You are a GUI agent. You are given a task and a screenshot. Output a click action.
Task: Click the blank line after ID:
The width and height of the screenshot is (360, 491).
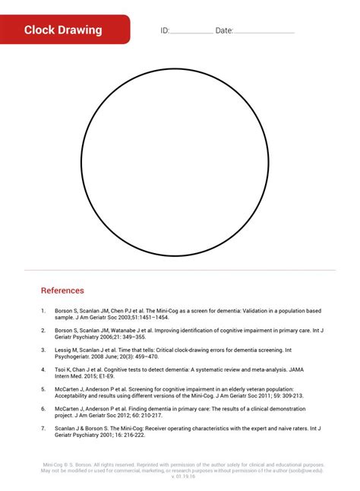[x=191, y=32]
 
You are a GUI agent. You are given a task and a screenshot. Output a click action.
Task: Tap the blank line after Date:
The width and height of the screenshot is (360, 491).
[x=264, y=32]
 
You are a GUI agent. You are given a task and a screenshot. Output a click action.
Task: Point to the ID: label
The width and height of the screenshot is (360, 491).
[x=165, y=30]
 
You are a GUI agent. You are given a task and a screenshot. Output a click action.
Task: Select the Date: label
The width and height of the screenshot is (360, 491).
[x=224, y=30]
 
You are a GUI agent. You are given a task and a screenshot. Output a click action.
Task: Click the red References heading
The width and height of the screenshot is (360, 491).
[x=62, y=290]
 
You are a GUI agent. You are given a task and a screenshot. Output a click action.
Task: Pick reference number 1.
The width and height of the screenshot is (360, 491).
[x=43, y=311]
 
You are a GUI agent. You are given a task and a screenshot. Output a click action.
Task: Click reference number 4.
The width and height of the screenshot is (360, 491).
[x=43, y=369]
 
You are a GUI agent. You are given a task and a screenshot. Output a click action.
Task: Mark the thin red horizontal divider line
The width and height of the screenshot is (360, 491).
[x=180, y=270]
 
